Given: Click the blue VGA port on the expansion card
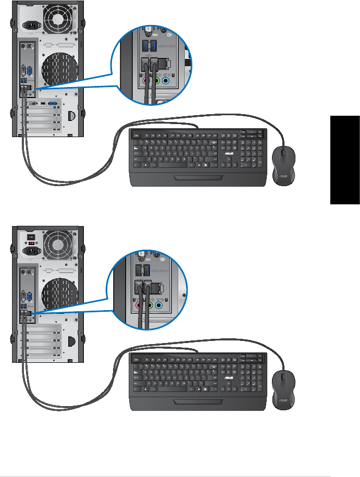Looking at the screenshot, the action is (52, 104).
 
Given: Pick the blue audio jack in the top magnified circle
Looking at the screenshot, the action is (165, 81).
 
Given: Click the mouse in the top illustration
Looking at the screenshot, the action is (283, 165).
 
